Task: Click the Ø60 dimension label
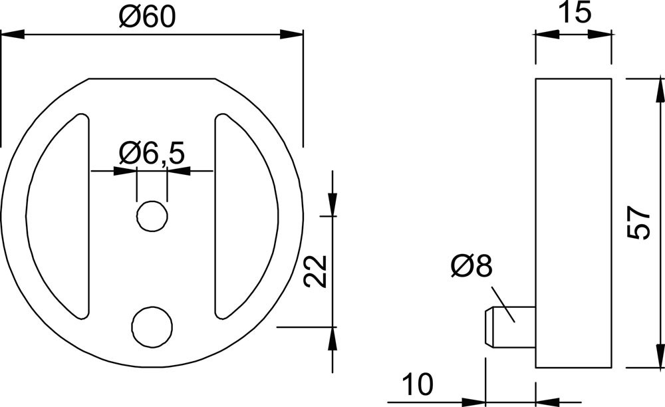point(147,17)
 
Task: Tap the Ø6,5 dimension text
point(152,153)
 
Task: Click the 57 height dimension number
point(638,223)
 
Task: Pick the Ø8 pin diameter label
point(471,267)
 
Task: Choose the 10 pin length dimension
point(418,384)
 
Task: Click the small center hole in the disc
point(152,216)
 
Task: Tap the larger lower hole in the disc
point(152,327)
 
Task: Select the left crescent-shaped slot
point(57,216)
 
